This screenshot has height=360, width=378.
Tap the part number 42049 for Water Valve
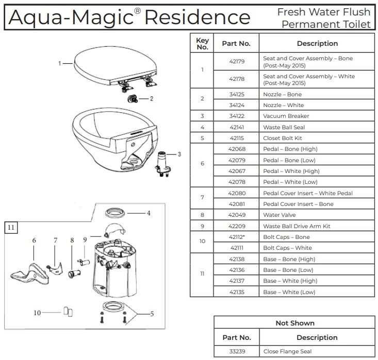[236, 215]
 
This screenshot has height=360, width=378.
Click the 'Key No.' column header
[202, 43]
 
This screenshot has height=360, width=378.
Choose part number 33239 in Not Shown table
[236, 351]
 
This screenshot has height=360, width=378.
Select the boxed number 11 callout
[11, 226]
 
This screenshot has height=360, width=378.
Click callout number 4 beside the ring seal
[148, 213]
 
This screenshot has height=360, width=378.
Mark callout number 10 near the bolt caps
[37, 312]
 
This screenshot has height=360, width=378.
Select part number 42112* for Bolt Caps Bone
[236, 237]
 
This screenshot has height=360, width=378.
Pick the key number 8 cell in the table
[202, 215]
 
